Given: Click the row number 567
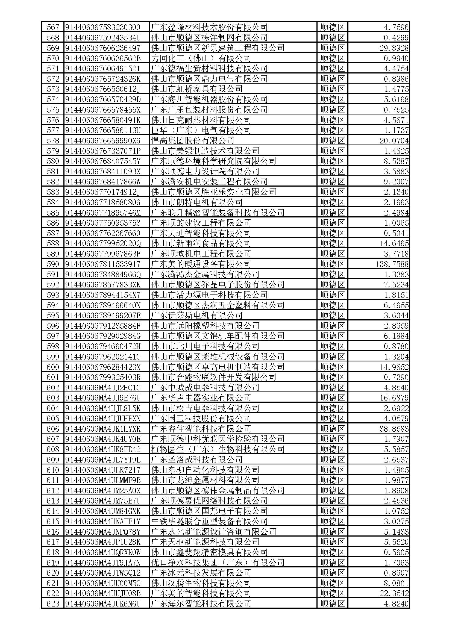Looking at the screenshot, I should [53, 27].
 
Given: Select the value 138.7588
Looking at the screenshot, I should [392, 264].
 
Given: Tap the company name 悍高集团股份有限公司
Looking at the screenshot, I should [192, 140].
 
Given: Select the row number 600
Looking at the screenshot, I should [53, 367].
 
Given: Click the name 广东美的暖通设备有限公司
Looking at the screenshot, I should [201, 264].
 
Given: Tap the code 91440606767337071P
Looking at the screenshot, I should [103, 151].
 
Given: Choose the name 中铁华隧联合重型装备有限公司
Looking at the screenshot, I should [209, 521].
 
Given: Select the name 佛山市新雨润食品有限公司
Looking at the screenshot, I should [201, 243].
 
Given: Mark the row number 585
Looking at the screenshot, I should [53, 213].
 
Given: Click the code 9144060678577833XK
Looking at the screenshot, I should [103, 284].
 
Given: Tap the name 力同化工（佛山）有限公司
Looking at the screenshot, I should [201, 58].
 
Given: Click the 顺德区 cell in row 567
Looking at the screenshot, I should [332, 27].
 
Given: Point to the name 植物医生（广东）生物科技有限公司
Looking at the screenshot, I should [218, 449].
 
